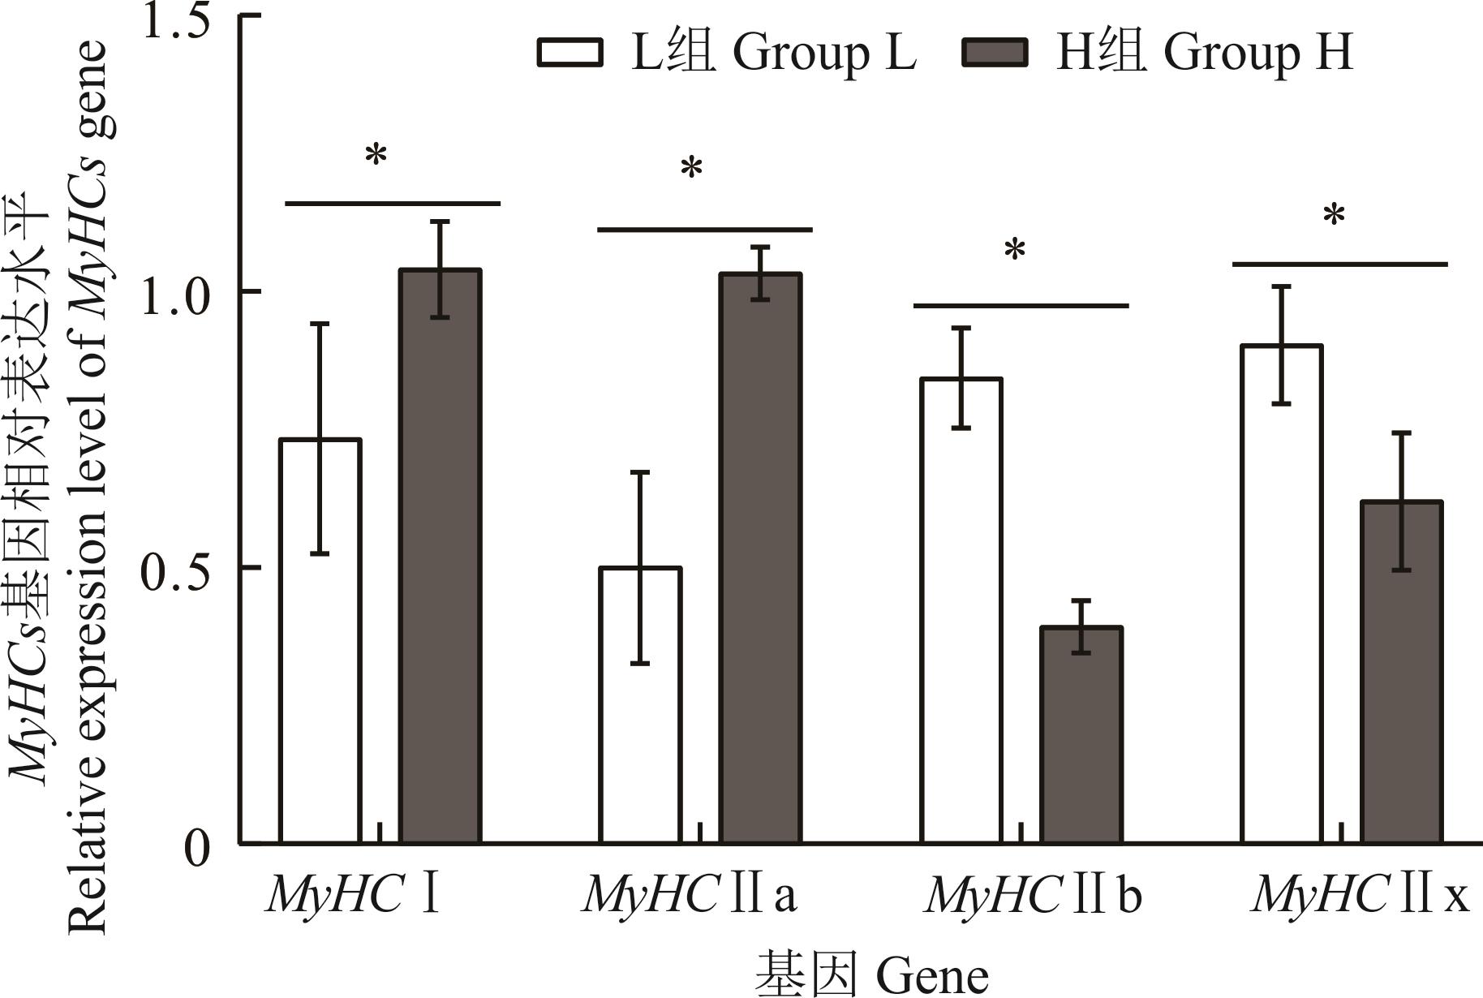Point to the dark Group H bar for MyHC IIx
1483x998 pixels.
point(1402,673)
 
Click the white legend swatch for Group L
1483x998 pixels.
point(570,53)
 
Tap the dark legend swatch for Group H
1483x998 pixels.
point(995,53)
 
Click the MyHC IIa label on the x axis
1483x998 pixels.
point(690,894)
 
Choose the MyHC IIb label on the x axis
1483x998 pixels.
point(1033,894)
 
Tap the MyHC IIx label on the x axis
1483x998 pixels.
point(1360,894)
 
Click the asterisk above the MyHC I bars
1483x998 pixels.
point(376,155)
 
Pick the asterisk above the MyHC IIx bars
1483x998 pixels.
point(1334,217)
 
